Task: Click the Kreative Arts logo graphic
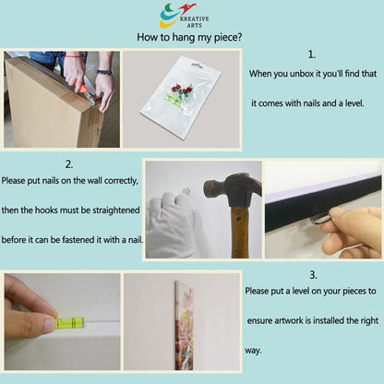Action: tap(177, 15)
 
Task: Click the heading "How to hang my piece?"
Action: tap(189, 37)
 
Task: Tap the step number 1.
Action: tap(312, 54)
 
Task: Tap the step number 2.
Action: tap(69, 164)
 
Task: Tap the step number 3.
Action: tap(313, 275)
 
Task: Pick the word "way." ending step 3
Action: tap(253, 351)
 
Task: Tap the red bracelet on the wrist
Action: tap(73, 56)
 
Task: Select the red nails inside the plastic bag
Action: tap(182, 90)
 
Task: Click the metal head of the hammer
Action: tap(233, 188)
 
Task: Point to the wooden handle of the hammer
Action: tap(240, 233)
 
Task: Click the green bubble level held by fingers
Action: tap(70, 323)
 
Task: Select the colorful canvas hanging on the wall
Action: tap(184, 325)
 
